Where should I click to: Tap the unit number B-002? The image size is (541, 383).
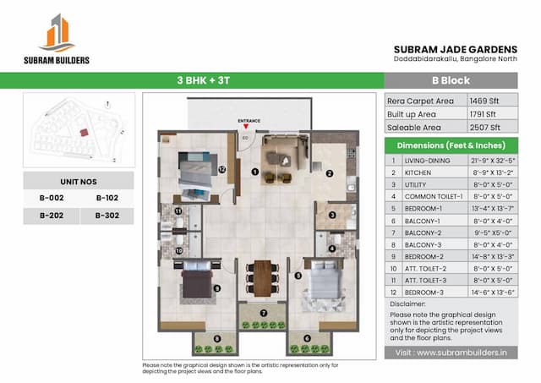pyautogui.click(x=52, y=198)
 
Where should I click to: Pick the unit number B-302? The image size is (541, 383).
pyautogui.click(x=107, y=216)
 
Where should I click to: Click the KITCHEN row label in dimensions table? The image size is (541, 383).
pyautogui.click(x=418, y=172)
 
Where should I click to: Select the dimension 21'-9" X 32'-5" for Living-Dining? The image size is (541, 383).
pyautogui.click(x=493, y=160)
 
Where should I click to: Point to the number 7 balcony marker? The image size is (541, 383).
pyautogui.click(x=263, y=313)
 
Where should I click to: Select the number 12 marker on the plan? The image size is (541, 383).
pyautogui.click(x=221, y=169)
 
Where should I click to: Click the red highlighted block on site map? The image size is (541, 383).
pyautogui.click(x=82, y=132)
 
